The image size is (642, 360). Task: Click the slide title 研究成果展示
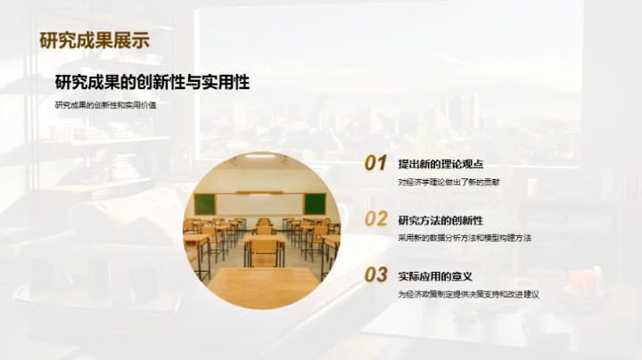(x=95, y=39)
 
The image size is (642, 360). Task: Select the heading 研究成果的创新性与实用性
(x=152, y=83)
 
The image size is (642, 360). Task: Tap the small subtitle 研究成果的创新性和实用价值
(x=111, y=105)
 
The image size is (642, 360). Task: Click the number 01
(x=375, y=163)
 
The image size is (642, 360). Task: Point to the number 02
(x=375, y=218)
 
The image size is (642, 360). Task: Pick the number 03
(x=375, y=274)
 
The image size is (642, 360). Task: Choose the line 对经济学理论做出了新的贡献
(x=455, y=182)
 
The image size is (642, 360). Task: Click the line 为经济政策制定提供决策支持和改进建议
(x=469, y=293)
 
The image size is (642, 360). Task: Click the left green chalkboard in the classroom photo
(x=205, y=203)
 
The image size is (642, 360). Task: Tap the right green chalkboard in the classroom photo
(x=314, y=203)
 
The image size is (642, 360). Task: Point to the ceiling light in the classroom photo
(x=259, y=156)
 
